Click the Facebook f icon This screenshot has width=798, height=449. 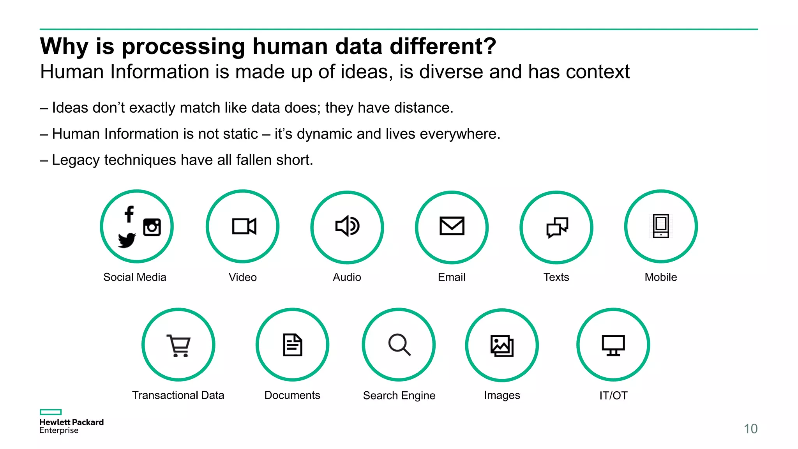click(129, 214)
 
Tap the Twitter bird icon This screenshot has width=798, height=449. click(127, 240)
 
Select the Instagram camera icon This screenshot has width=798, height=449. click(152, 227)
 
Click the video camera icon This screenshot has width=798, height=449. click(244, 226)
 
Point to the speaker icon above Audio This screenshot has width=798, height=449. click(347, 226)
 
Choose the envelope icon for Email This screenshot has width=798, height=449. click(452, 226)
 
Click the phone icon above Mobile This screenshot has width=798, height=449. click(661, 226)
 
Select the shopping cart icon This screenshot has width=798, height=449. click(179, 345)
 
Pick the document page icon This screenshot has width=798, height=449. click(293, 345)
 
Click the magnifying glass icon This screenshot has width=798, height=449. click(399, 345)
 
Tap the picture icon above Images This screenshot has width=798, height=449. click(502, 346)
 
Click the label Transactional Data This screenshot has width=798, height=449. click(178, 395)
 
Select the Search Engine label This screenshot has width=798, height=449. click(399, 396)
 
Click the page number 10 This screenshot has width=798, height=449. click(750, 429)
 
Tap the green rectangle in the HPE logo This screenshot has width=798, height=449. click(51, 412)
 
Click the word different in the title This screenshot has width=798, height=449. click(443, 46)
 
